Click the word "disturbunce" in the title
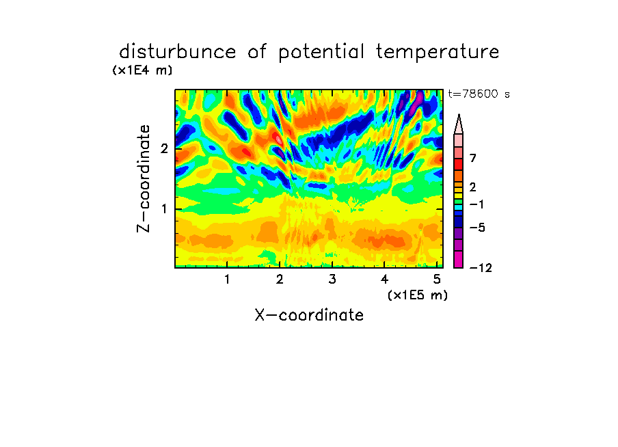coord(177,52)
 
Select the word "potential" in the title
coord(321,53)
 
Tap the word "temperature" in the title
coord(438,52)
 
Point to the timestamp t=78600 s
coord(479,94)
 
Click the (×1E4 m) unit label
coord(142,70)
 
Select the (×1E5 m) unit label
coord(418,295)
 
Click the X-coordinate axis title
coord(309,315)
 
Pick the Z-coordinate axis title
coord(144,178)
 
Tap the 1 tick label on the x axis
coord(228,280)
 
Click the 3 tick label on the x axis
coord(332,280)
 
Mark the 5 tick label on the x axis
coord(437,280)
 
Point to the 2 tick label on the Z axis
coord(164,149)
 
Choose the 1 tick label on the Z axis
coord(164,208)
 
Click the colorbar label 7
coord(473,159)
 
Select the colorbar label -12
coord(481,268)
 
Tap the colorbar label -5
coord(477,228)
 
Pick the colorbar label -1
coord(476,204)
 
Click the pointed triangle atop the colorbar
coord(459,124)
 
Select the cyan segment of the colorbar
coord(459,207)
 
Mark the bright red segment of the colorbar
coord(459,164)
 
